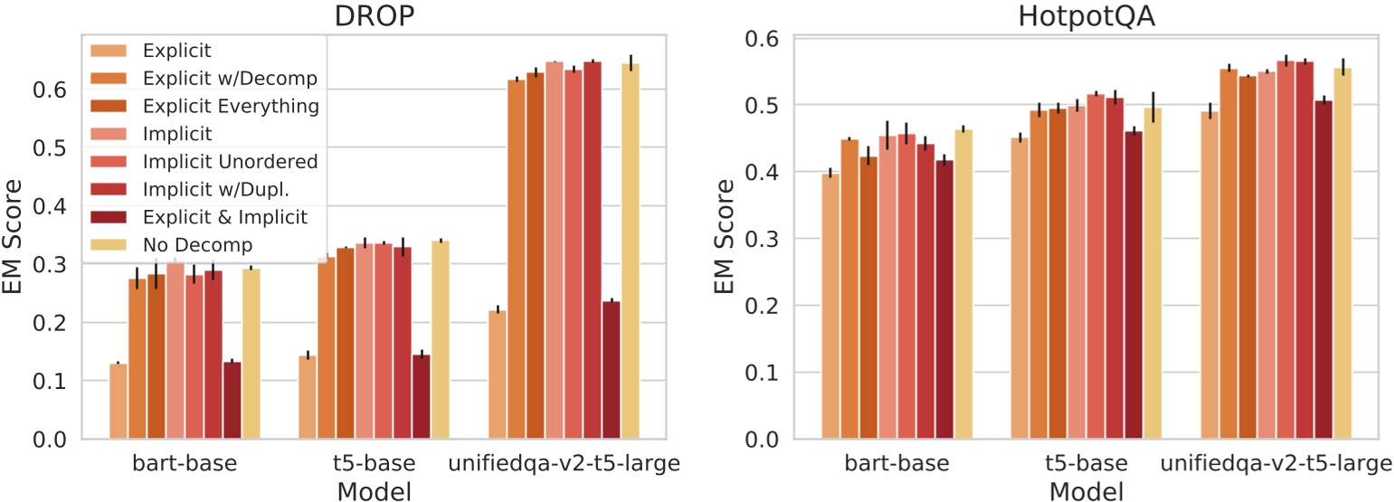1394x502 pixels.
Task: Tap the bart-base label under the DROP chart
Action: coord(185,465)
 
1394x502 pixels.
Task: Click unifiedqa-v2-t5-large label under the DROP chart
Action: coord(564,465)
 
